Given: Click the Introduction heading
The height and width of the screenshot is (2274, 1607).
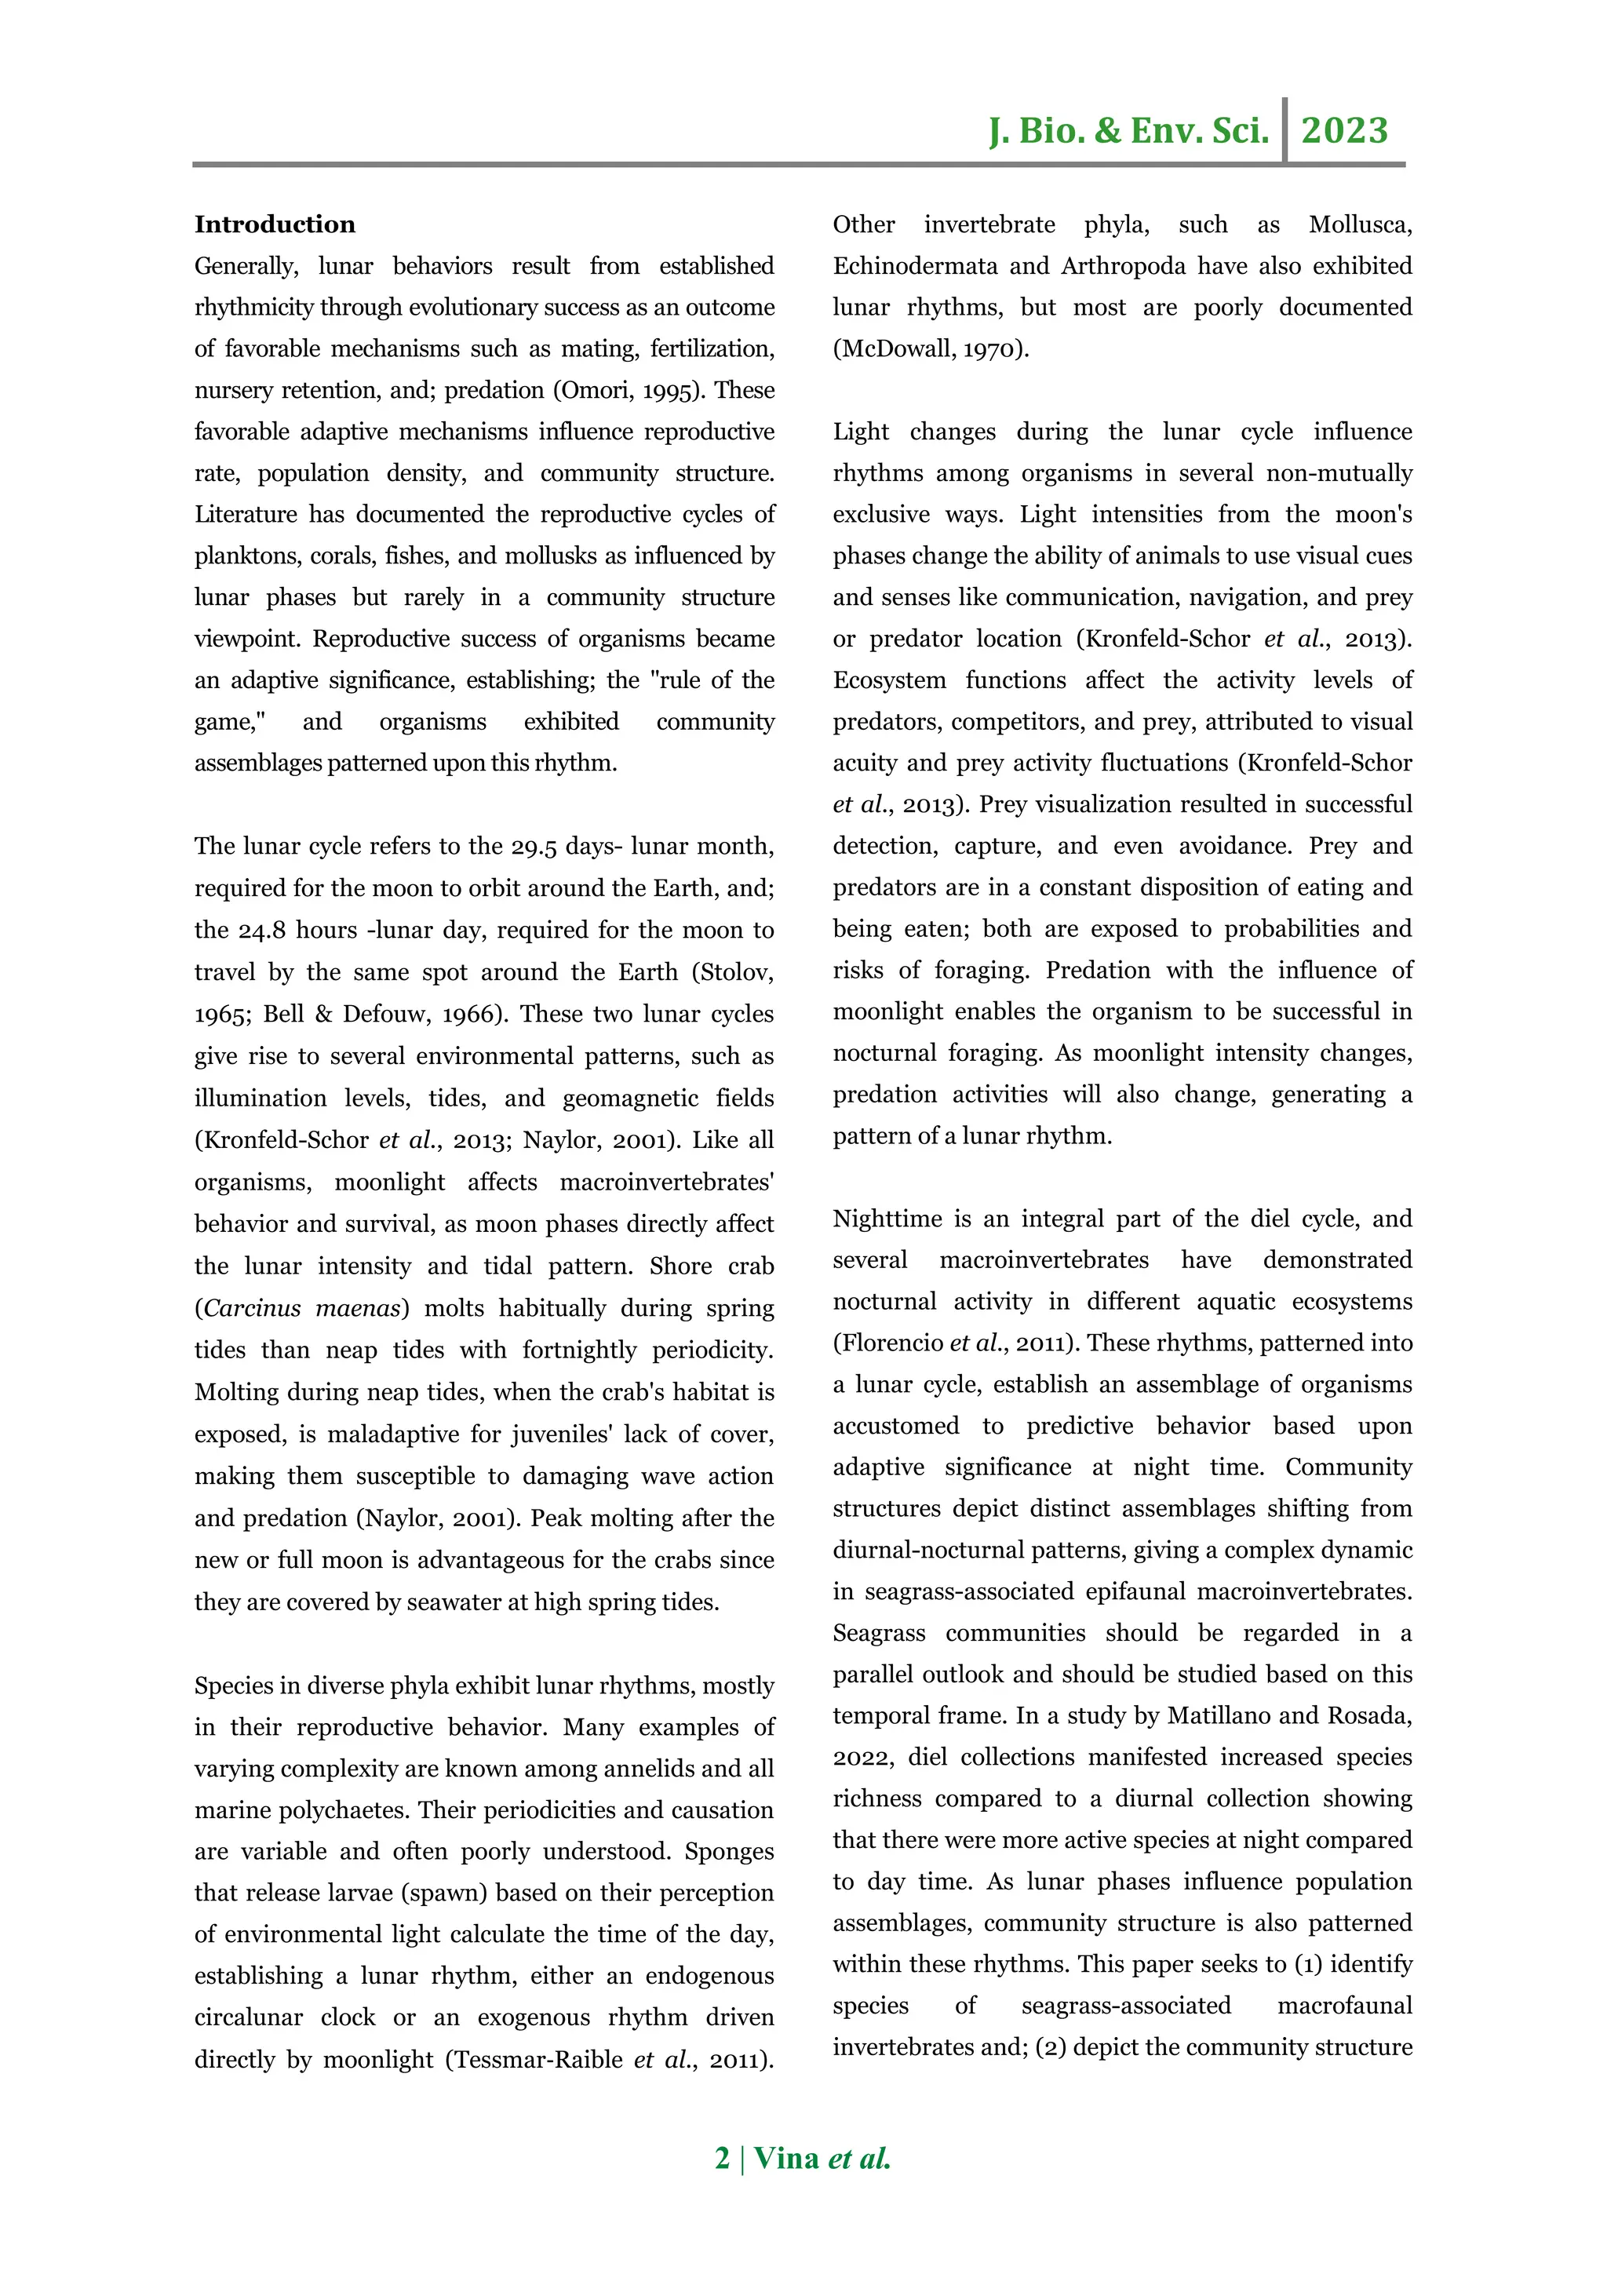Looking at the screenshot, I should pyautogui.click(x=275, y=225).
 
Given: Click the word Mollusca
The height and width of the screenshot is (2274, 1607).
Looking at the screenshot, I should pyautogui.click(x=1360, y=225).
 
